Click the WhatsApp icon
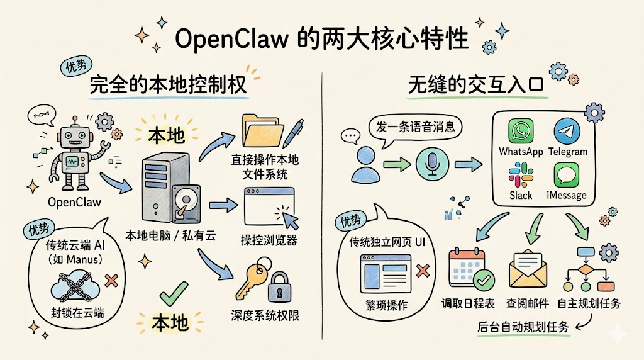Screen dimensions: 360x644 tap(520, 132)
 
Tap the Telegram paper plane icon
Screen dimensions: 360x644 tap(567, 132)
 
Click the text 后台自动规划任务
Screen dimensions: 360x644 tap(523, 327)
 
